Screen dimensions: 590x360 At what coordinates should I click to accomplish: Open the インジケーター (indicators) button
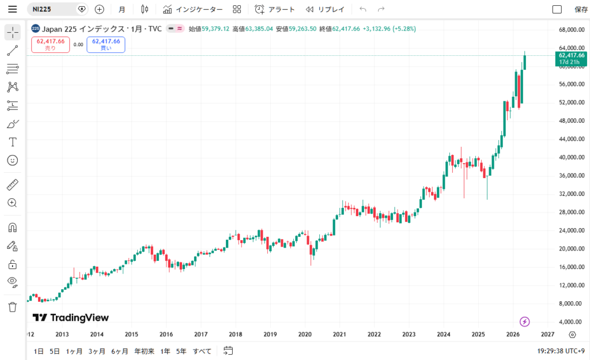click(x=192, y=9)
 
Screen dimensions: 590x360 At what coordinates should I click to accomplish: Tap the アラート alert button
click(x=274, y=9)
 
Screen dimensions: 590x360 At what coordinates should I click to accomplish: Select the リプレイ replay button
click(x=325, y=9)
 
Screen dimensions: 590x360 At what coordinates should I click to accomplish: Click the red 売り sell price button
click(x=51, y=44)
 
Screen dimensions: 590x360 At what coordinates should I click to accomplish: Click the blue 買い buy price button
click(x=106, y=44)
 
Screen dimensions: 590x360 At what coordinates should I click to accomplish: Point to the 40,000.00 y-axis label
click(x=572, y=157)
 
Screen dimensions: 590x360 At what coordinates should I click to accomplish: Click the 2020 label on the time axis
click(x=305, y=334)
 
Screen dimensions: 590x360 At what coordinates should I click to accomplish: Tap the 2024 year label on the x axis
click(x=444, y=334)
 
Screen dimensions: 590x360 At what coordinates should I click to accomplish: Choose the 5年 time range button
click(x=181, y=351)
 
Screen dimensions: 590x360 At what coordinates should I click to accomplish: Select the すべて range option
click(x=202, y=351)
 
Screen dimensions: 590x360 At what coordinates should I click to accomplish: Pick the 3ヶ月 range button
click(x=97, y=351)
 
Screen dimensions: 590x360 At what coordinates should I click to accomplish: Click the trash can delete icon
click(x=13, y=307)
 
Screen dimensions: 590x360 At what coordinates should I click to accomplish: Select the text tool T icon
click(x=13, y=142)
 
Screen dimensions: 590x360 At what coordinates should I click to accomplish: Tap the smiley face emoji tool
click(x=13, y=161)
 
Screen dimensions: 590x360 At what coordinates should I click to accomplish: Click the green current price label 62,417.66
click(x=571, y=59)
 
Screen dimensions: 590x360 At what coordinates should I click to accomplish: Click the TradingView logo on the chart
click(x=71, y=318)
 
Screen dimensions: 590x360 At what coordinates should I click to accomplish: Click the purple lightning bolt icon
click(x=524, y=321)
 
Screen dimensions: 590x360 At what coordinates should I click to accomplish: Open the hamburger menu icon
click(x=13, y=9)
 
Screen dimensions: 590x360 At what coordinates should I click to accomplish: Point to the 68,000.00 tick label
click(x=572, y=30)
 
